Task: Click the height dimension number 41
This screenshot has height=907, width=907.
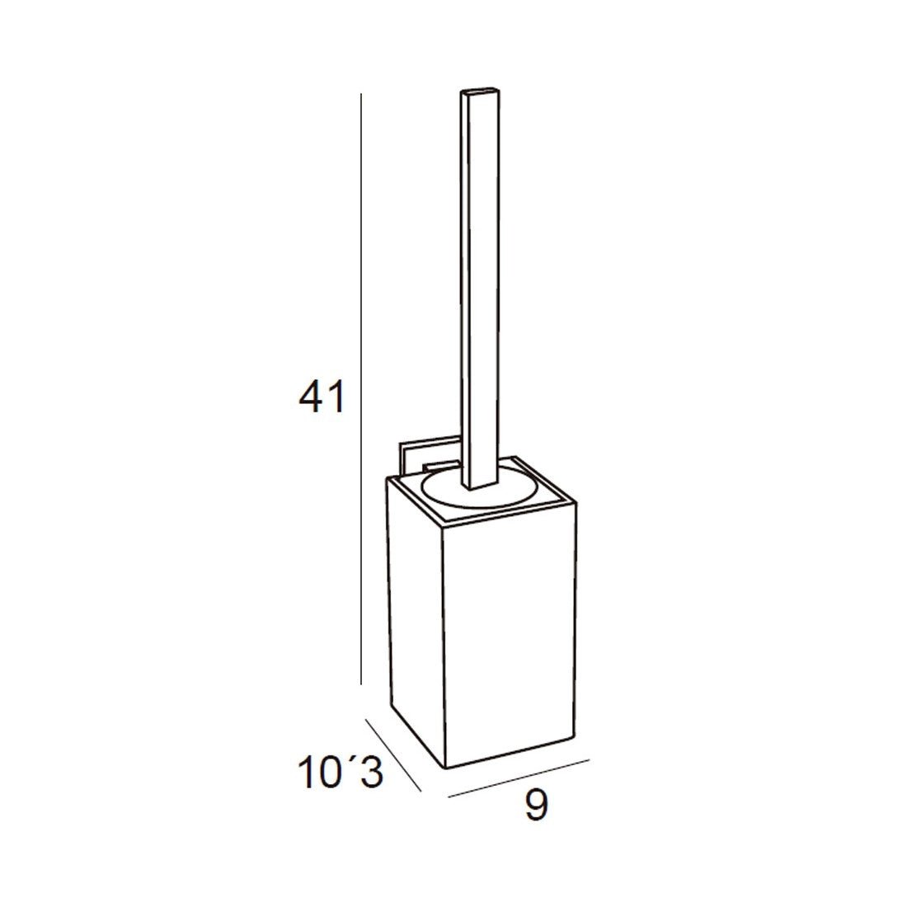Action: (x=322, y=397)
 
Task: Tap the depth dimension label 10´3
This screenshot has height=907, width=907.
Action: (x=341, y=773)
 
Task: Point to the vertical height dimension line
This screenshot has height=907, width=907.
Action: (x=361, y=388)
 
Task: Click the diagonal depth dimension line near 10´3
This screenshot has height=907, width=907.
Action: (x=392, y=754)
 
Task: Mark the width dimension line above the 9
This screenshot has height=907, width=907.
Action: (x=519, y=778)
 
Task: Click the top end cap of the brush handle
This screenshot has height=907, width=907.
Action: (x=480, y=94)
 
